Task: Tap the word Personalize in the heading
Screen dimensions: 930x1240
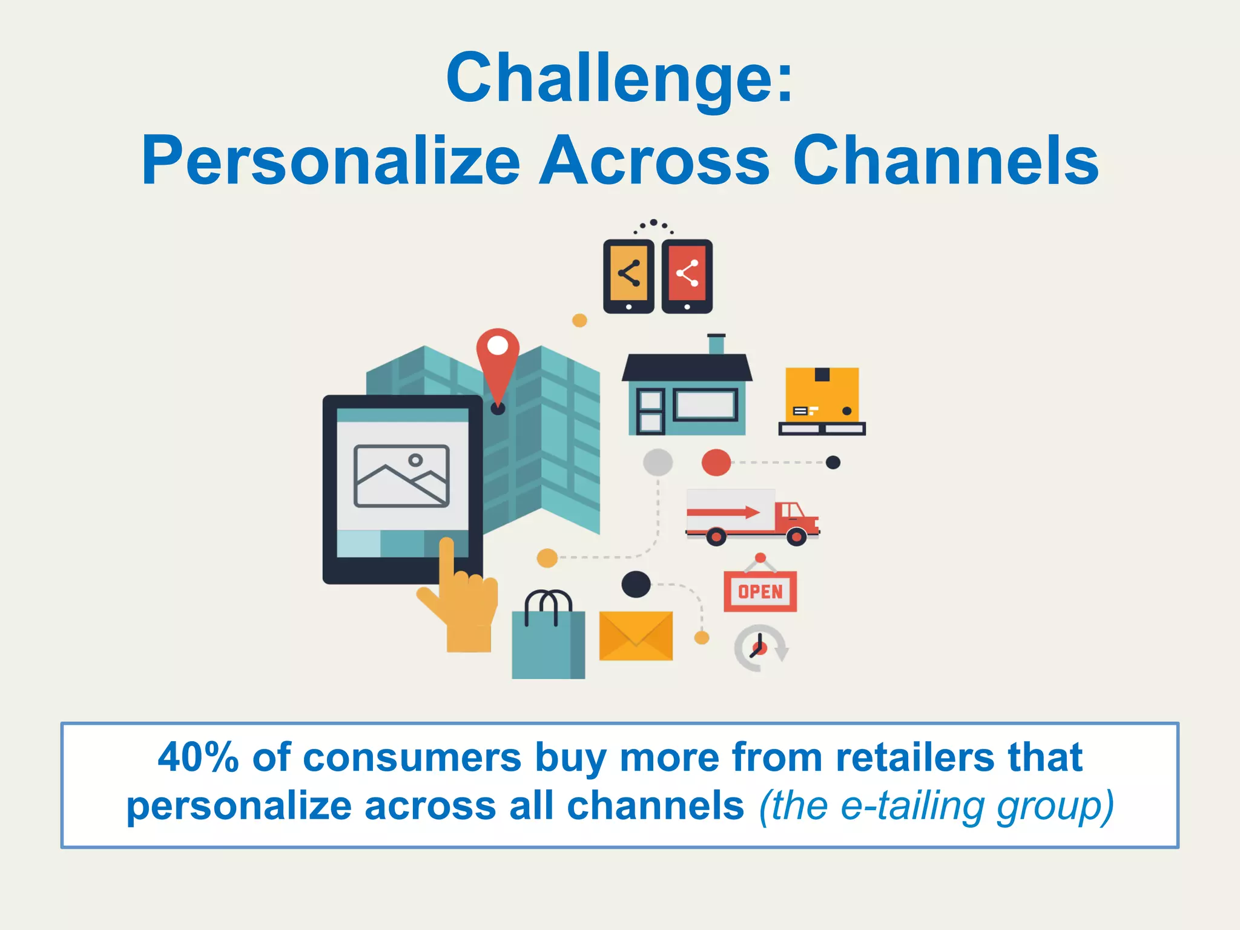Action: pos(330,161)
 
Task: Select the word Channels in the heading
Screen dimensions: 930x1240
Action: pos(946,161)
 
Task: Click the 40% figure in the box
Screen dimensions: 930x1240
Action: pos(198,757)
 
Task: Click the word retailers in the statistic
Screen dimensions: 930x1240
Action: pos(914,757)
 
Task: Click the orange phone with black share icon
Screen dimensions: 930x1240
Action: pos(628,275)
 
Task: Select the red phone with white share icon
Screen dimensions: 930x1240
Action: pos(687,275)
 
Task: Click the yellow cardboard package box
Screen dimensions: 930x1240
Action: pos(822,394)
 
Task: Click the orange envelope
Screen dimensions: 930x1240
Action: pos(636,636)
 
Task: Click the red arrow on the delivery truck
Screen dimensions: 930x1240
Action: pos(724,512)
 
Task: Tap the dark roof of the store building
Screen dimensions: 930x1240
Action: pos(687,367)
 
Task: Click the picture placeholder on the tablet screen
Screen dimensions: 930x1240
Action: pos(401,476)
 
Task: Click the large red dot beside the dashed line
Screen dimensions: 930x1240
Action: pos(716,463)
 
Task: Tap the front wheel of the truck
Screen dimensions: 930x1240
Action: pos(796,536)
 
